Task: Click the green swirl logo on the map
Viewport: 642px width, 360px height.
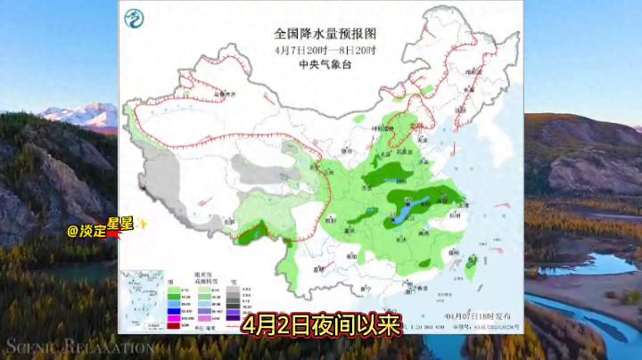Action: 135,18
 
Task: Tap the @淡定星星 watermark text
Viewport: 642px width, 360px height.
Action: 86,230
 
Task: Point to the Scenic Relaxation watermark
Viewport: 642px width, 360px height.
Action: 67,346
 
